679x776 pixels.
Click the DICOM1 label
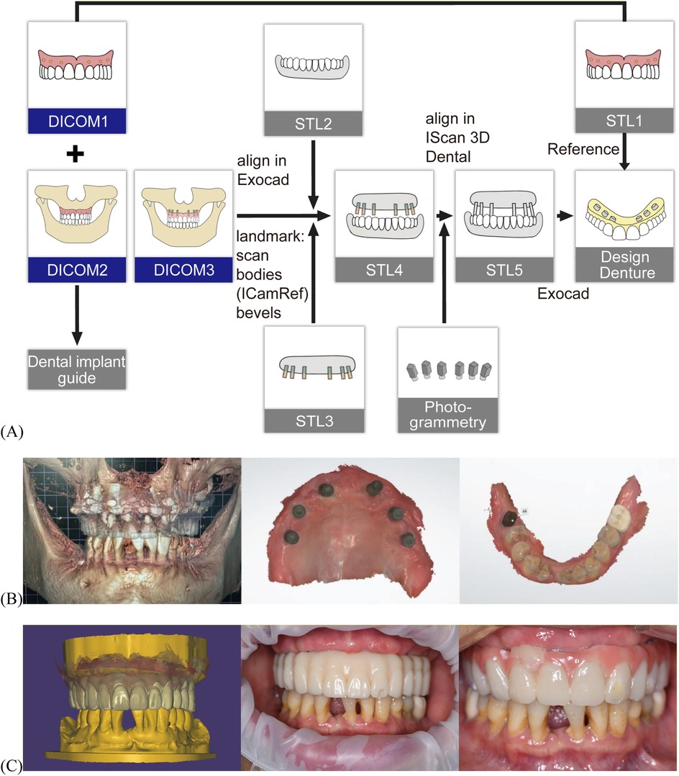[x=76, y=119]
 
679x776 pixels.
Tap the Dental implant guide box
[x=76, y=369]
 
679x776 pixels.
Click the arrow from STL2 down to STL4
[x=314, y=170]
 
